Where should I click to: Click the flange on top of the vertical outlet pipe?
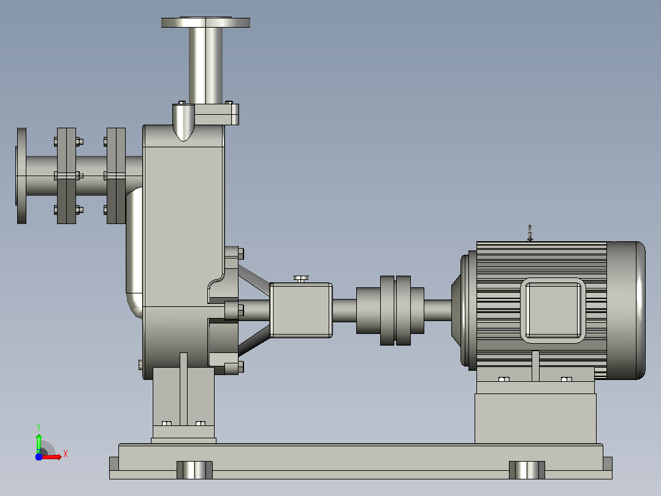tap(205, 22)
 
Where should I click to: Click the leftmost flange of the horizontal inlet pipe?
tap(21, 176)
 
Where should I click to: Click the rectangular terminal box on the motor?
tap(552, 310)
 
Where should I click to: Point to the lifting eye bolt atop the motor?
tap(530, 233)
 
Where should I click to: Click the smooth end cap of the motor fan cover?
tap(626, 310)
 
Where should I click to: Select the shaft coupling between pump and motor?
tap(390, 310)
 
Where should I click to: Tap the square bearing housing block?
tap(301, 310)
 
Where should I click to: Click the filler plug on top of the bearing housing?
tap(301, 279)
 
